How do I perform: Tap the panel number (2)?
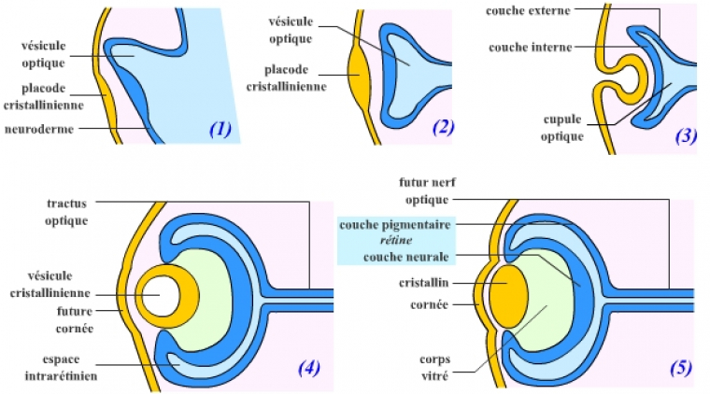click(x=443, y=128)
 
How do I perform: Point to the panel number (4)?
click(x=309, y=368)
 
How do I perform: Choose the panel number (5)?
click(x=679, y=368)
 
